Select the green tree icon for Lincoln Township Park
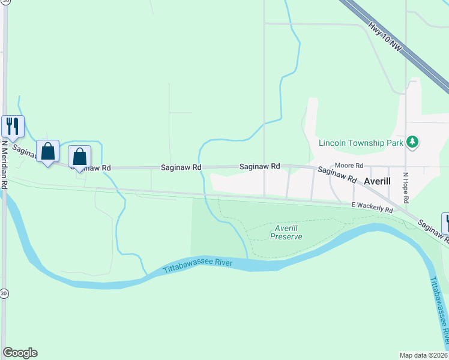412,142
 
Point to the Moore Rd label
349,165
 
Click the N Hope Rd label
406,187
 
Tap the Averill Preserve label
286,232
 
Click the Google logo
20,353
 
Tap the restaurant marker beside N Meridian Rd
13,126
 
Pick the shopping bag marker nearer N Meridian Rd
47,151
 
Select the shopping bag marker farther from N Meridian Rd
79,157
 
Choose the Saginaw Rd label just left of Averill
337,176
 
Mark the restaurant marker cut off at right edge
446,223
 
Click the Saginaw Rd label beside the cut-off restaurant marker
432,232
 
